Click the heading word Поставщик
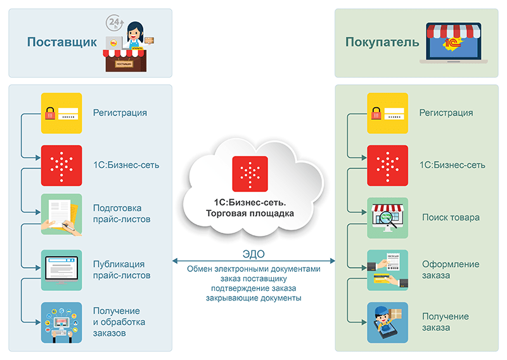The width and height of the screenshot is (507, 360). tap(61, 42)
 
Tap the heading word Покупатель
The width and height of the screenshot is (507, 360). tap(382, 42)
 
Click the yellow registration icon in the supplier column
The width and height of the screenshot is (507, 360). tap(61, 113)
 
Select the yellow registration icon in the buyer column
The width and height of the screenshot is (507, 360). tap(388, 113)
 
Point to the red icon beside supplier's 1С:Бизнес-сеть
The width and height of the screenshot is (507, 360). tap(61, 165)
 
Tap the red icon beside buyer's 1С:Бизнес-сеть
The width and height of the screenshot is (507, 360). tap(388, 165)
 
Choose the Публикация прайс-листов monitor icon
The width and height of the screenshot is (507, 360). tap(61, 270)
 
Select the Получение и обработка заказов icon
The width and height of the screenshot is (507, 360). tap(61, 323)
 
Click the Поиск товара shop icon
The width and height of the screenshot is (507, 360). tap(388, 218)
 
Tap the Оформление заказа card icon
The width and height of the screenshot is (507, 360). tap(388, 270)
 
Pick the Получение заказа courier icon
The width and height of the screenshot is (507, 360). tap(388, 322)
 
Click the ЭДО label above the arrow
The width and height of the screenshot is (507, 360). tap(253, 254)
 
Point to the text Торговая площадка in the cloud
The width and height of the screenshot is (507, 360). tap(250, 214)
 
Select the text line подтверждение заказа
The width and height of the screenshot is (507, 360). tap(253, 288)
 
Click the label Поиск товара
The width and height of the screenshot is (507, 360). tap(451, 217)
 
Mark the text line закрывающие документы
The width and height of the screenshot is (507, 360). tap(253, 298)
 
